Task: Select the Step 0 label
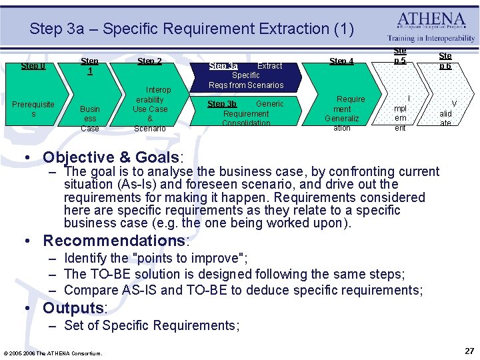tap(33, 66)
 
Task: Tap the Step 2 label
tap(149, 61)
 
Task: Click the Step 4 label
tap(342, 61)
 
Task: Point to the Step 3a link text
tap(223, 66)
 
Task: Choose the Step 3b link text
tap(222, 104)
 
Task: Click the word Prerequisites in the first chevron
tap(33, 109)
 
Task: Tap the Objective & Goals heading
tap(113, 157)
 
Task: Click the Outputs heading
tap(74, 308)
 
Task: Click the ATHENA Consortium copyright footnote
tap(53, 353)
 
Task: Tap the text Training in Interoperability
tap(431, 39)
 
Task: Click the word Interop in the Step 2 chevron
tap(159, 90)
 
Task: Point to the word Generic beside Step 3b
tap(270, 104)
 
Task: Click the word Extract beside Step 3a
tap(269, 66)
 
